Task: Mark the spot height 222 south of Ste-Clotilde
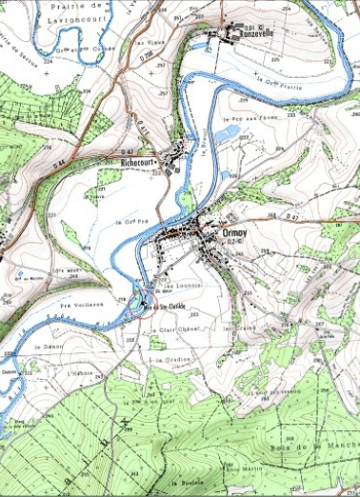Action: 130,338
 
